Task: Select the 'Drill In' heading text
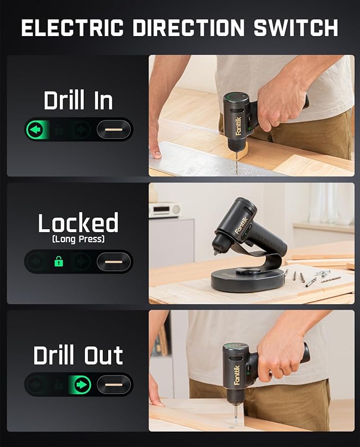tap(78, 100)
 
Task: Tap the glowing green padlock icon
tap(59, 261)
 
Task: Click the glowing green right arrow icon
tap(82, 384)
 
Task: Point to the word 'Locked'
tap(78, 224)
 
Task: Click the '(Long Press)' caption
tap(78, 240)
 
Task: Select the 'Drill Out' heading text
tap(78, 355)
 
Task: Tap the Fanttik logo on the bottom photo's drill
tap(237, 374)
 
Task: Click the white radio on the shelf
tap(164, 209)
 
